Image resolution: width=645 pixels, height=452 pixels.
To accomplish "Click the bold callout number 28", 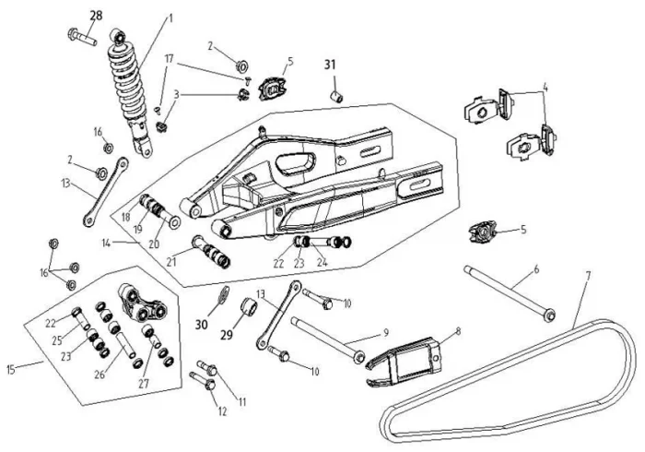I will (x=97, y=16).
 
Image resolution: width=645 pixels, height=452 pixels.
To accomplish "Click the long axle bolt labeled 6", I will (x=507, y=291).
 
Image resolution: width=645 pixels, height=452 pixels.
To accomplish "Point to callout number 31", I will (x=331, y=65).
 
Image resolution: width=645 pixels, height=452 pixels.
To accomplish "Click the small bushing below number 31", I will (x=338, y=94).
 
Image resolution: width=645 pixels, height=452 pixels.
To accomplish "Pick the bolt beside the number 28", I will (x=80, y=37).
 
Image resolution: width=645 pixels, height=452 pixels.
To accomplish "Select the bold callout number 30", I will (x=203, y=323).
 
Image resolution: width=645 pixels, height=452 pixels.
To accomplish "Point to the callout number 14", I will (x=106, y=242).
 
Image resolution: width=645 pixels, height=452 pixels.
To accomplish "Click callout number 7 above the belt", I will (x=588, y=275).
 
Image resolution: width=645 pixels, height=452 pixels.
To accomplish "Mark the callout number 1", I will (x=170, y=18).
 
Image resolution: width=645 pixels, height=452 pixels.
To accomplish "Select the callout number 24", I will (x=322, y=262).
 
